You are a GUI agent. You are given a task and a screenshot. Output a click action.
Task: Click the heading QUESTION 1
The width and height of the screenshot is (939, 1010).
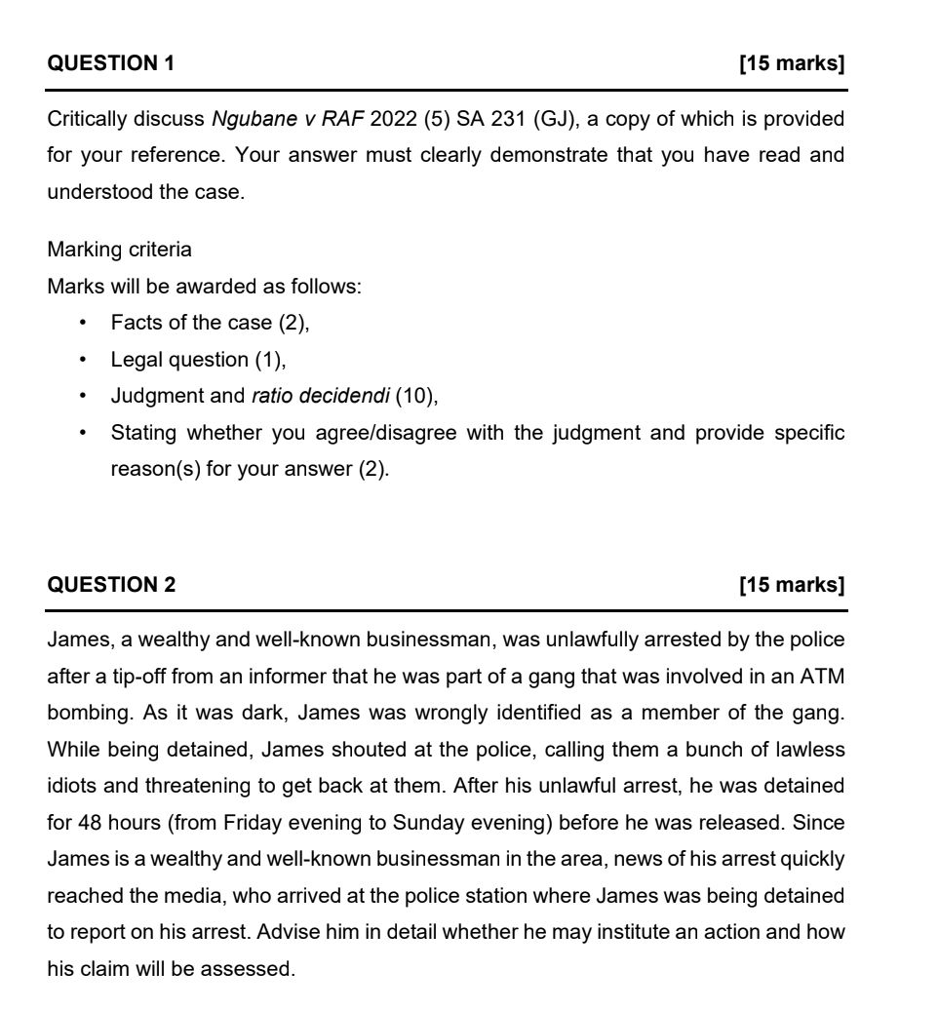[110, 64]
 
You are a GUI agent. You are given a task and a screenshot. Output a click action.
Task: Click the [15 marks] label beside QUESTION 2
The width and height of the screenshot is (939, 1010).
[792, 585]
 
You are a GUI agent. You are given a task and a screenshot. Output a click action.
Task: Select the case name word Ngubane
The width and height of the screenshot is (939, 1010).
[248, 119]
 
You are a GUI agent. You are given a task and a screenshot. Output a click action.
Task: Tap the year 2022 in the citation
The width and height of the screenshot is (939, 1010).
[393, 119]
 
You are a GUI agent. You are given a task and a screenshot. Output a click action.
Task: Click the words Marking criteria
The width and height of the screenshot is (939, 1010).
[120, 250]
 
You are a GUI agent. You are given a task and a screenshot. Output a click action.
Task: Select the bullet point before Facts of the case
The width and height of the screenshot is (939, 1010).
[85, 323]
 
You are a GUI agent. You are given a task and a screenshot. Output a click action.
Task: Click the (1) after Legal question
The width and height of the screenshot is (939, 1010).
[269, 360]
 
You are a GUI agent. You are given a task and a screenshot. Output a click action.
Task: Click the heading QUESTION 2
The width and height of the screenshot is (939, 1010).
[111, 585]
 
